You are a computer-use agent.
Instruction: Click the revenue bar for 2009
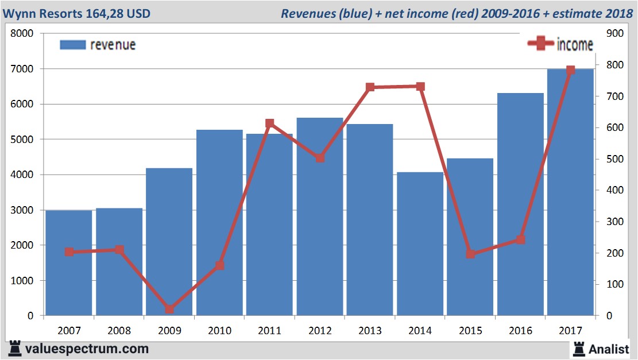169,241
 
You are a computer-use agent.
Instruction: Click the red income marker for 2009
169,309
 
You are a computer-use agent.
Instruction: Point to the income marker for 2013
370,87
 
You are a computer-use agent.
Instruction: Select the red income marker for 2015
470,254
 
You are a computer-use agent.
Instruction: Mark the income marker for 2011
270,123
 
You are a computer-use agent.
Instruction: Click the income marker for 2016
520,239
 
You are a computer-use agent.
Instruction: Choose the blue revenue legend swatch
72,45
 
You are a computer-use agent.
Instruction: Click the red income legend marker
540,44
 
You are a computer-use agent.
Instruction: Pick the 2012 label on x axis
320,331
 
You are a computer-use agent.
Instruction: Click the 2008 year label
119,331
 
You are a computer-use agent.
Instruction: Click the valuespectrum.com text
87,349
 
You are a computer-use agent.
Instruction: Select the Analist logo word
609,349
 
